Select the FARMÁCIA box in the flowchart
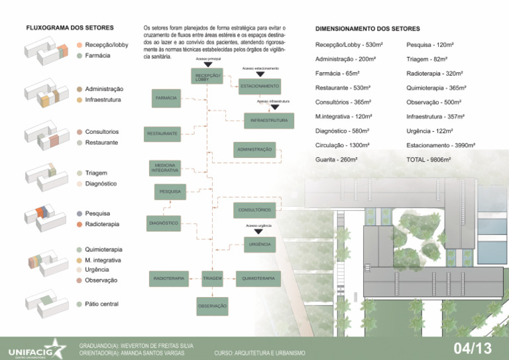click(166, 97)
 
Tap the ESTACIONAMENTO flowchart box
click(260, 86)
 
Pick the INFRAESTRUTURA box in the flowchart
click(268, 121)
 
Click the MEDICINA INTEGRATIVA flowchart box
click(166, 168)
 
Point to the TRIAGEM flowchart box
click(212, 278)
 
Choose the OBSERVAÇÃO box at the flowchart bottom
click(212, 306)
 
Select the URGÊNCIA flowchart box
click(260, 245)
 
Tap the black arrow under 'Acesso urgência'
click(259, 232)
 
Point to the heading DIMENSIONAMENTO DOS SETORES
click(368, 29)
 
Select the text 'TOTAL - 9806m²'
click(429, 160)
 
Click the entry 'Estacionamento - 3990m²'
click(440, 145)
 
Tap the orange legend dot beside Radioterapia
click(79, 224)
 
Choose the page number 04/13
click(473, 349)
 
